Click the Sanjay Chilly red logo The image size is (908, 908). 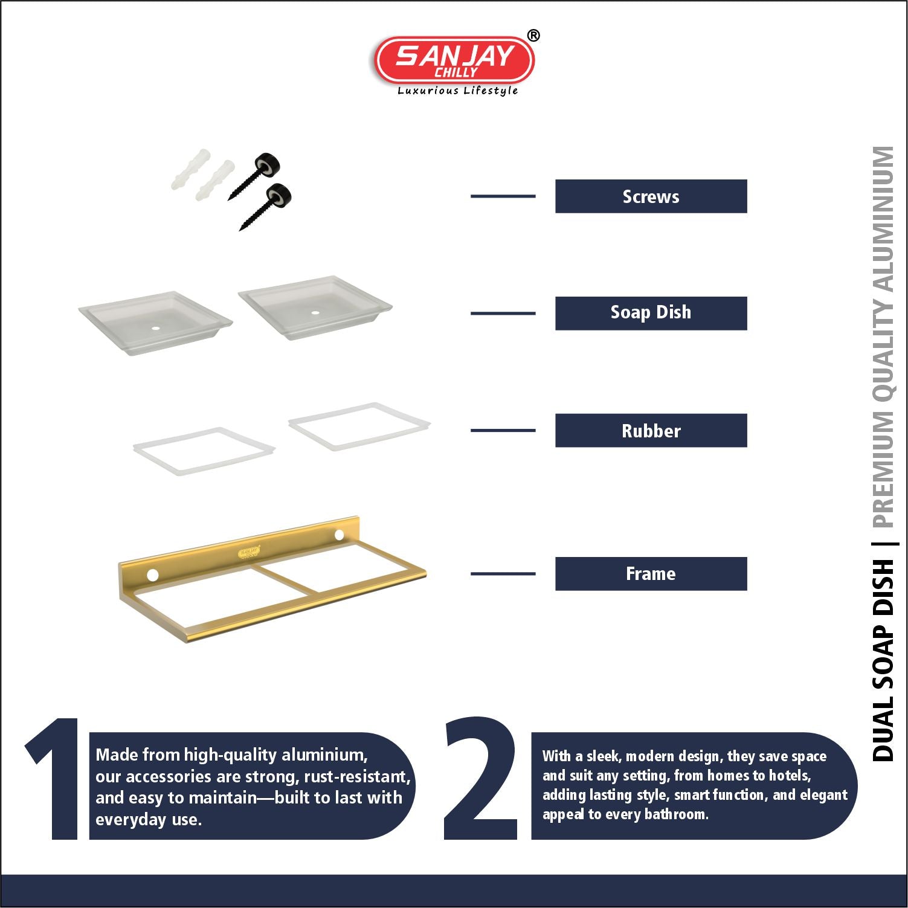click(x=454, y=59)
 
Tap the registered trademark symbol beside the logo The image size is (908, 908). click(x=533, y=36)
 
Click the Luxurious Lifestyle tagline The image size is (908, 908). click(x=457, y=91)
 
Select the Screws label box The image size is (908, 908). click(x=651, y=196)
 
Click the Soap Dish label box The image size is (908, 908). click(x=651, y=313)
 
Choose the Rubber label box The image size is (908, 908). click(x=651, y=431)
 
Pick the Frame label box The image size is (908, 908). click(x=651, y=574)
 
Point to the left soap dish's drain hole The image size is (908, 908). click(x=155, y=328)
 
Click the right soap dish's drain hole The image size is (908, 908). click(x=315, y=313)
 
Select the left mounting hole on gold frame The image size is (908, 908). click(x=153, y=575)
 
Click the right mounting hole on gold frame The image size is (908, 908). click(x=339, y=535)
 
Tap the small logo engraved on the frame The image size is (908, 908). click(x=248, y=552)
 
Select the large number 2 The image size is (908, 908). click(x=481, y=779)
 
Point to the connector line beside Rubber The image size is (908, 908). click(x=503, y=431)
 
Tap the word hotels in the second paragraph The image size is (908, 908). click(x=788, y=776)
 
